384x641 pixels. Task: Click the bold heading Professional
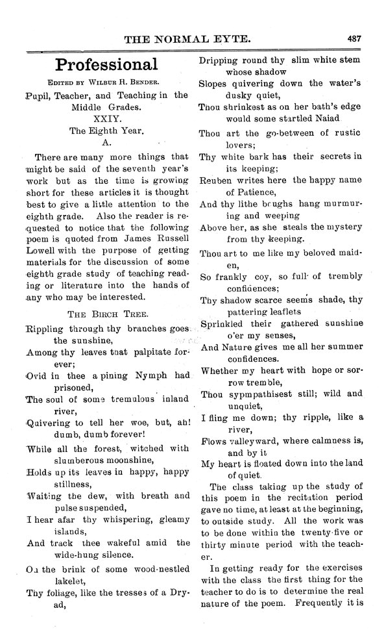[x=106, y=64]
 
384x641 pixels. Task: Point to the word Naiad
[x=335, y=119]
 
